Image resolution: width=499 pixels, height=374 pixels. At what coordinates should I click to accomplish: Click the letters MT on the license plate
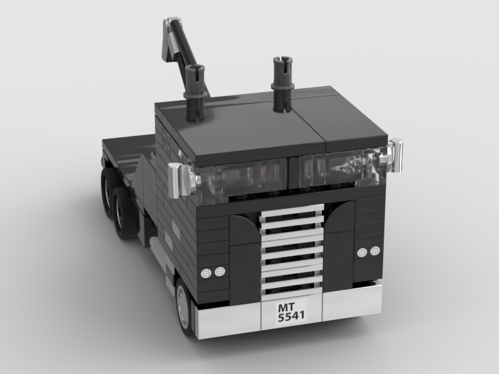coord(286,307)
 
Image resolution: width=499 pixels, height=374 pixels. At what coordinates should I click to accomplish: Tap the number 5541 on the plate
coord(291,316)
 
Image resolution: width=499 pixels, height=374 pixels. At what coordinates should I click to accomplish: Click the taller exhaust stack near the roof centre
coord(283,84)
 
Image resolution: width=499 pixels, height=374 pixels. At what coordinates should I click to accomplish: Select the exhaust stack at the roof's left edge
coord(195,93)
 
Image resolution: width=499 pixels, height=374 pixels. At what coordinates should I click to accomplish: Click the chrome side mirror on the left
coord(178,180)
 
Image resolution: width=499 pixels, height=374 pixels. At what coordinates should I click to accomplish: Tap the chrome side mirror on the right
coord(394,155)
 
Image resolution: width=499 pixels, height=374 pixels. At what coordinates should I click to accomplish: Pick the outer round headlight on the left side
coord(206,273)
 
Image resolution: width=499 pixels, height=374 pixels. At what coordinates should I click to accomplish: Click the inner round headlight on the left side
coord(220,271)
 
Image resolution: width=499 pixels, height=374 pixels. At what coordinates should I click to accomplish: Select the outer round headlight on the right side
coord(375,251)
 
